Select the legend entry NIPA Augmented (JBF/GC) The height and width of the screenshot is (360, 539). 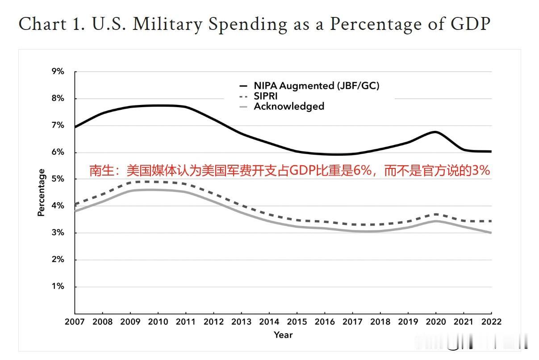(x=316, y=85)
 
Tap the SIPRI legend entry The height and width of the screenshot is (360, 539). (x=266, y=96)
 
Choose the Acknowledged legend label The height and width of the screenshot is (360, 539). (x=288, y=106)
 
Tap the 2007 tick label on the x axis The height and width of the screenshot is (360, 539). (x=75, y=322)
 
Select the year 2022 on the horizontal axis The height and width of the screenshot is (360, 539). (x=491, y=322)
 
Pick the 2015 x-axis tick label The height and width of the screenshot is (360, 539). (x=297, y=322)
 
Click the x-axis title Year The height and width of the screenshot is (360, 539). (x=283, y=335)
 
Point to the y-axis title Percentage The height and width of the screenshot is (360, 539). (x=42, y=193)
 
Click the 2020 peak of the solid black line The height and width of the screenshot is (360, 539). (x=435, y=132)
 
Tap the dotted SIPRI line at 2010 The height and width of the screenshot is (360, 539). (x=158, y=182)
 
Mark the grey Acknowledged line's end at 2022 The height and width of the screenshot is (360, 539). (x=491, y=233)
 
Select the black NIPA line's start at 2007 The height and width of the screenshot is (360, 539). (x=75, y=127)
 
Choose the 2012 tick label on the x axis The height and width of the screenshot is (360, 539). (x=213, y=322)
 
